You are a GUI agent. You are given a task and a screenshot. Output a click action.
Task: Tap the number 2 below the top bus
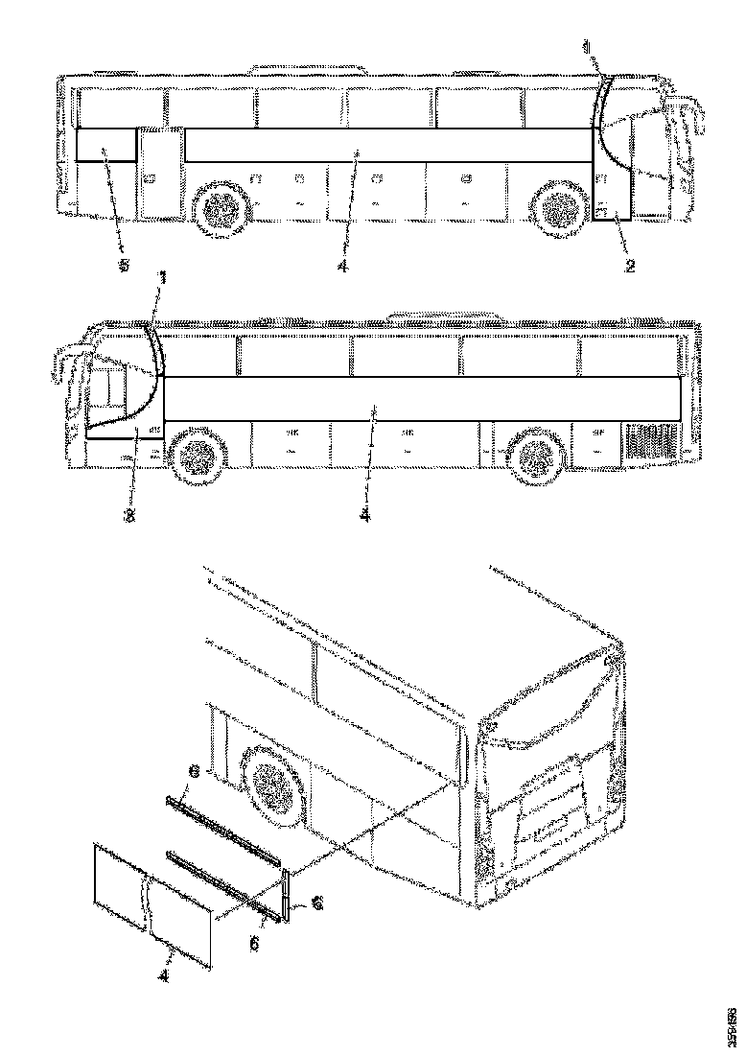[x=630, y=267]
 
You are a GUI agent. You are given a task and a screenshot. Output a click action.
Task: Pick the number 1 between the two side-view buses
[x=163, y=279]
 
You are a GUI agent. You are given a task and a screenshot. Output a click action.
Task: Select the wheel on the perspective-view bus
[x=275, y=785]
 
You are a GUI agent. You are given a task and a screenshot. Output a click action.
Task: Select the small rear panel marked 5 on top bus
[x=105, y=146]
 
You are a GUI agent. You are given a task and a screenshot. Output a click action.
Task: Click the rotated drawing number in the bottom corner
[x=730, y=1025]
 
